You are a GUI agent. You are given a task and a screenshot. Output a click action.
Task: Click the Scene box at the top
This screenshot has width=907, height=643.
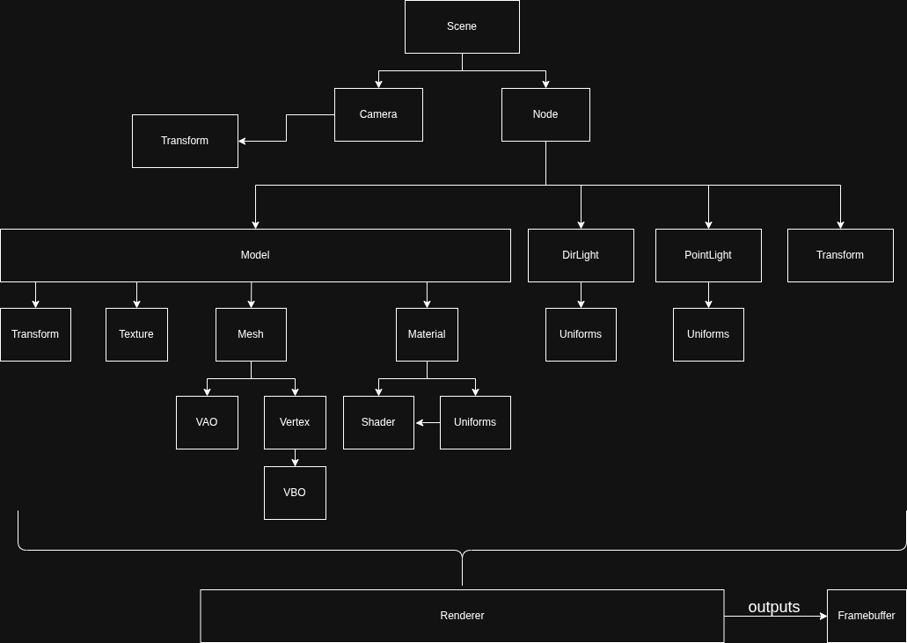point(462,26)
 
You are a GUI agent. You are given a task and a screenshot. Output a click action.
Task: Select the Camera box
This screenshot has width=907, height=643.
point(378,114)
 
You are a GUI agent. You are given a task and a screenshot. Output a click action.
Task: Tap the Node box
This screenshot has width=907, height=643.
point(545,114)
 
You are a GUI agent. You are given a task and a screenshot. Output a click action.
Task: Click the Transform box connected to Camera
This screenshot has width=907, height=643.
point(185,141)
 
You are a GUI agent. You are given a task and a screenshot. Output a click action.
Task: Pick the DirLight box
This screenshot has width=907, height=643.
point(581,255)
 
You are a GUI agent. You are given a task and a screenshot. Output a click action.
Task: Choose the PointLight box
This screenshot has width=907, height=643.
point(708,255)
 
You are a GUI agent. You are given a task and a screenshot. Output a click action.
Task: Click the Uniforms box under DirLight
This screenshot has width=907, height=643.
point(581,334)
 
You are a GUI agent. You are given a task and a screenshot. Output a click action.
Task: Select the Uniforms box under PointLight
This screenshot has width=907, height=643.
point(708,334)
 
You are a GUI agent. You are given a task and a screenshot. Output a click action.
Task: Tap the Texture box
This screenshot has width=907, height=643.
point(136,334)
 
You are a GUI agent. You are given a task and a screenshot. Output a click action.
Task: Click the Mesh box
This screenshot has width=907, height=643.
point(251,334)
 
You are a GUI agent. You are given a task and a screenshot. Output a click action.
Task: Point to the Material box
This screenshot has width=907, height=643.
point(427,334)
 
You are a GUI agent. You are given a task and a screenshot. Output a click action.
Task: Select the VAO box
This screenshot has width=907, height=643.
point(207,422)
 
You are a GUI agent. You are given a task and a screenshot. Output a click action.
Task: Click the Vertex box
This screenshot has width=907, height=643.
point(295,422)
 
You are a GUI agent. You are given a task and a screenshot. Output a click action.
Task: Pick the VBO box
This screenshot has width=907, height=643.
point(295,493)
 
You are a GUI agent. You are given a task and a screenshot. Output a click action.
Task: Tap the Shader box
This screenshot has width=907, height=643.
point(378,422)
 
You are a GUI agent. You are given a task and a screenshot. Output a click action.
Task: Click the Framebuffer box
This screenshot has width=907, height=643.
point(867,616)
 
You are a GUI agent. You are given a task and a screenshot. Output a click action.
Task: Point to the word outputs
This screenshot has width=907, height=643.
point(774,607)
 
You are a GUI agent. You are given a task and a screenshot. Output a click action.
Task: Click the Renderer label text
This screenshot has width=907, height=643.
point(462,616)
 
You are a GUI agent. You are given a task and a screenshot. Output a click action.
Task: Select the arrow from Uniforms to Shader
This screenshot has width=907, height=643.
point(428,423)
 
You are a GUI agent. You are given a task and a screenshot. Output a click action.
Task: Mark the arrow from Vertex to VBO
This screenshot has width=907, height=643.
point(295,457)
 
